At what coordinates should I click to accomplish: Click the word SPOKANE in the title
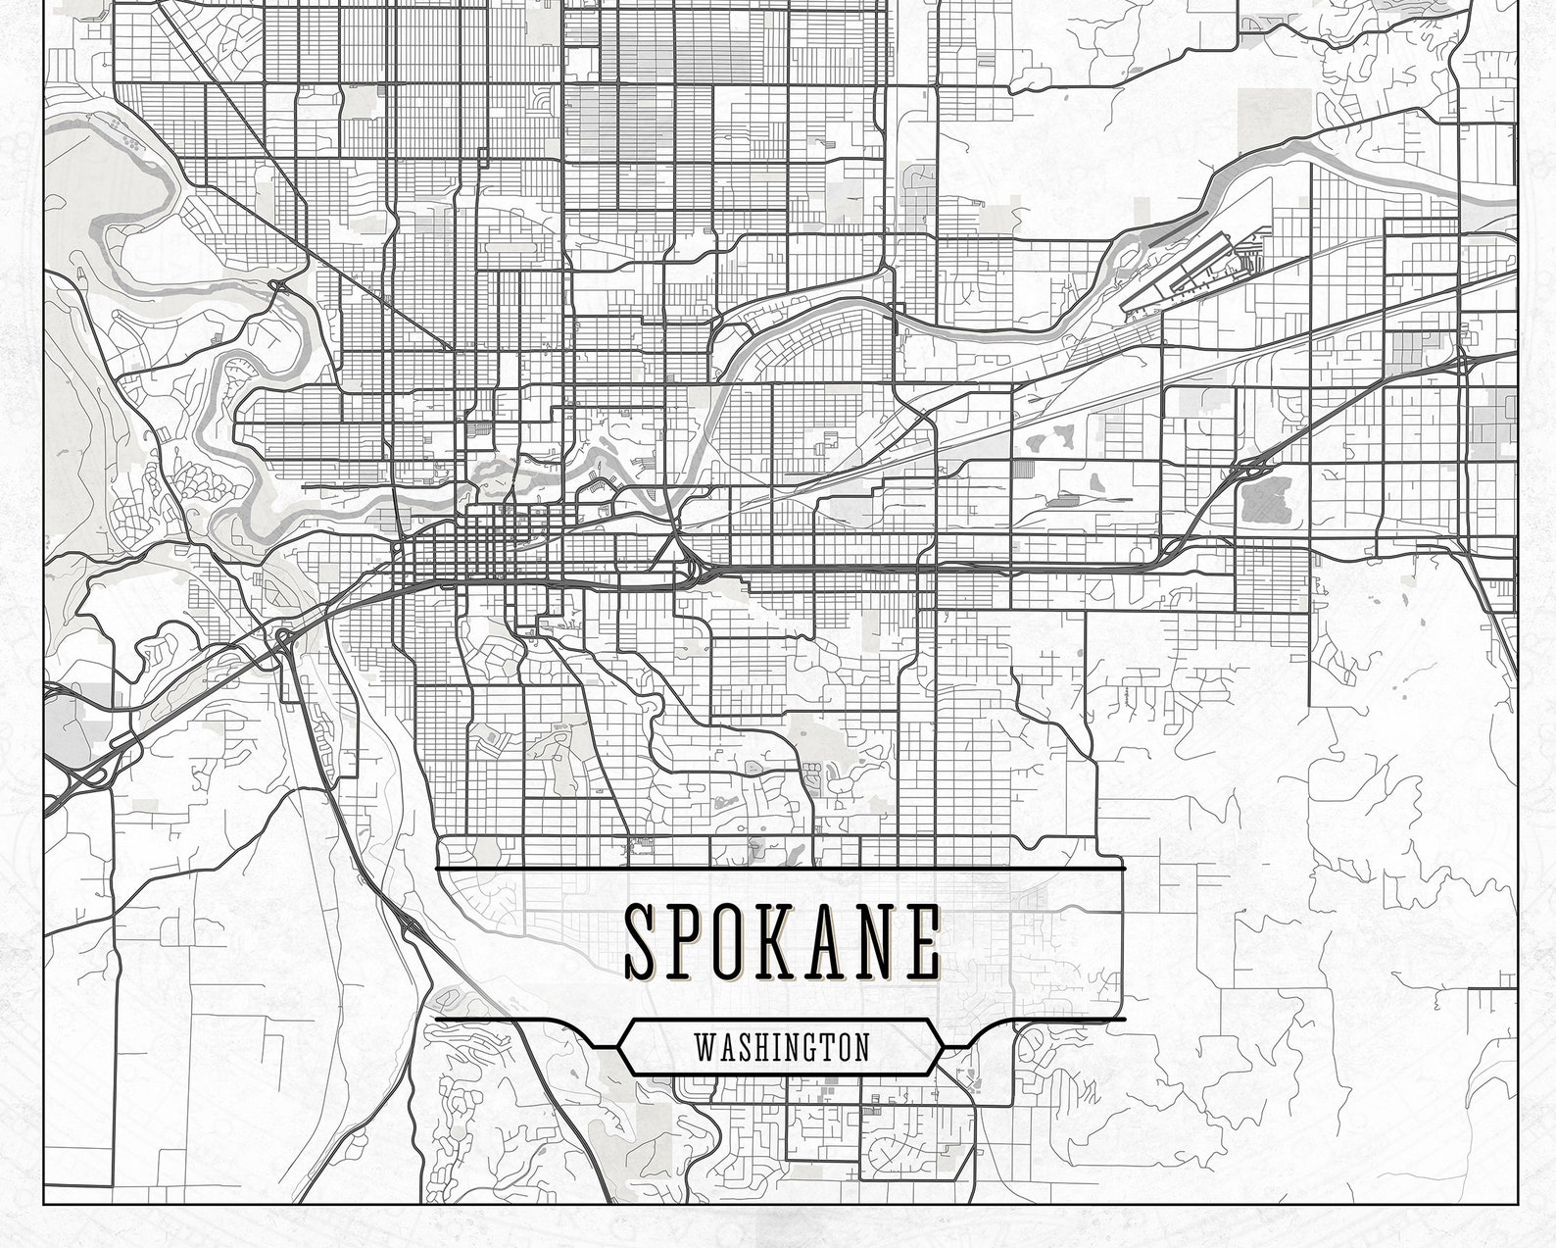(782, 941)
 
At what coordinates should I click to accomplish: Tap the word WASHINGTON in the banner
(781, 1047)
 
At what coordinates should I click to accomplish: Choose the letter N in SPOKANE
(882, 941)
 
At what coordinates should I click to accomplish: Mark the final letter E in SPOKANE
(923, 941)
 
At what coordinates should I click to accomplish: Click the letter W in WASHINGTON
(704, 1047)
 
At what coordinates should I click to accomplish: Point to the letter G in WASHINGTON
(806, 1047)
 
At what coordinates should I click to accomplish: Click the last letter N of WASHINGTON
(861, 1047)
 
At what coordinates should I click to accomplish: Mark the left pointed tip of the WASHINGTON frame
(618, 1047)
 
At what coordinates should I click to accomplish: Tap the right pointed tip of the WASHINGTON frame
(945, 1047)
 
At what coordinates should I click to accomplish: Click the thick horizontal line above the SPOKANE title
(781, 870)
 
